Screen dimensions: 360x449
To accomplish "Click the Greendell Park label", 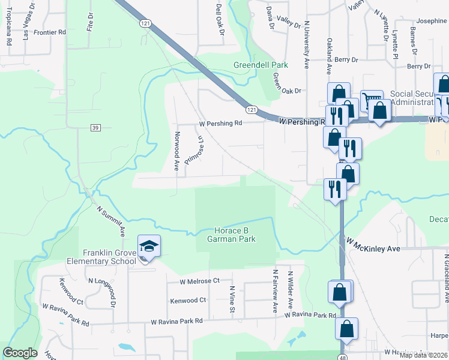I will coord(261,65).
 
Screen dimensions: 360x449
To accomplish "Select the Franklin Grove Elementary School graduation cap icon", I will coord(149,246).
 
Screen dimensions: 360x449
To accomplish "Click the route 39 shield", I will coord(95,127).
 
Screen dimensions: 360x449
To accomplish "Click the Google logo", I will coord(20,353).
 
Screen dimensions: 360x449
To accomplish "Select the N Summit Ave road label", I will coord(112,220).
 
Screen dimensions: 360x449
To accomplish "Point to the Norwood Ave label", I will coord(177,151).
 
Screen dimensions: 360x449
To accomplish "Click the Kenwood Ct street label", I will coord(188,300).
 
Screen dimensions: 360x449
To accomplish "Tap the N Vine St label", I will coord(232,299).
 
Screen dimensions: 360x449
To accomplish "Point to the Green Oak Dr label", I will coord(286,84).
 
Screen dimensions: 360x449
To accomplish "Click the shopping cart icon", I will coord(371,98).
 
